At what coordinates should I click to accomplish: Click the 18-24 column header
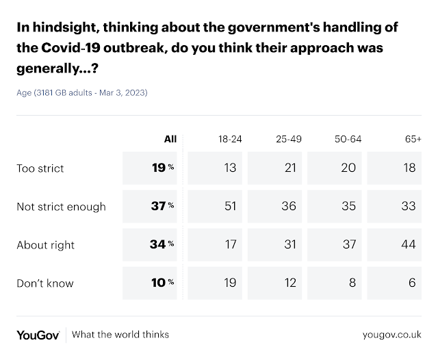228,139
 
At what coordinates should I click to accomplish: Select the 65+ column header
413,139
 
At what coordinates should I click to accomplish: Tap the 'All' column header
170,139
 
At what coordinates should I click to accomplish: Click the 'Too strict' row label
40,168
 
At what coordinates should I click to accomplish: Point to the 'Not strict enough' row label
61,206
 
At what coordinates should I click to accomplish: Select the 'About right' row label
45,244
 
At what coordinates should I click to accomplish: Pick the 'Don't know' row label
44,283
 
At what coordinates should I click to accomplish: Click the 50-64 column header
348,139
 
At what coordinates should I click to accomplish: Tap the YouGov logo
39,335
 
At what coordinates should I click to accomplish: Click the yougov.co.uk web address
391,335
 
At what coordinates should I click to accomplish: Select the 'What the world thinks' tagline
120,335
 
